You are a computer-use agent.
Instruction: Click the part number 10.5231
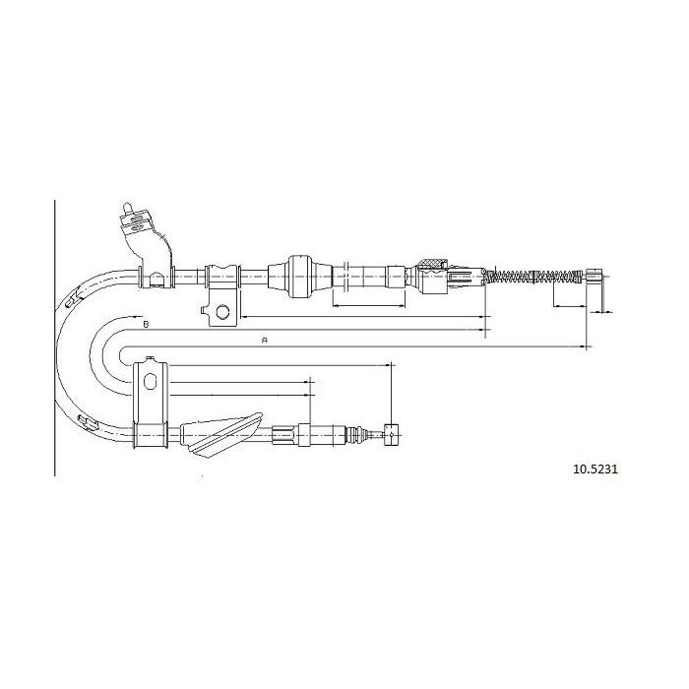coord(595,469)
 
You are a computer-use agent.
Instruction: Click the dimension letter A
coord(265,340)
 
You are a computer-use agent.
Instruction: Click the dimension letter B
coord(147,324)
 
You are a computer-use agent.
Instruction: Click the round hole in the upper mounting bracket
coord(222,312)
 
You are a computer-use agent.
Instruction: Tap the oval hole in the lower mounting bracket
coord(151,381)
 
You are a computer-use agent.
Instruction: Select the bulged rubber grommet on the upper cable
coord(299,276)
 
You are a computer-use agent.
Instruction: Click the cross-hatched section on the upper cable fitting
coord(432,264)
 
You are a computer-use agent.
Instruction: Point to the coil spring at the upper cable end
coord(533,277)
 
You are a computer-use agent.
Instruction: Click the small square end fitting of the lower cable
coord(391,435)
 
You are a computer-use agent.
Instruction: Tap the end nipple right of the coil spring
coord(595,277)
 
